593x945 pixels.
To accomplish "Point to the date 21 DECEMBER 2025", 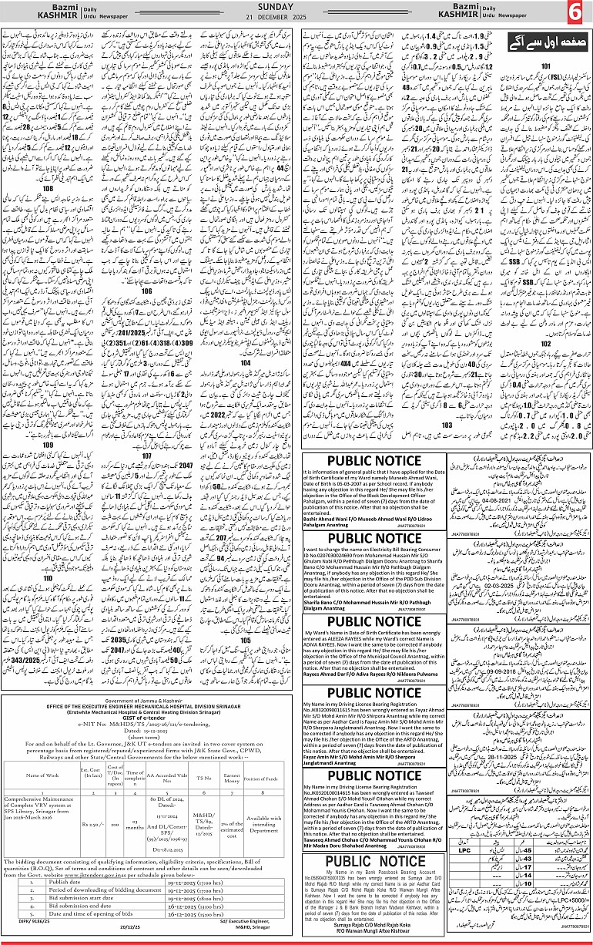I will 296,18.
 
